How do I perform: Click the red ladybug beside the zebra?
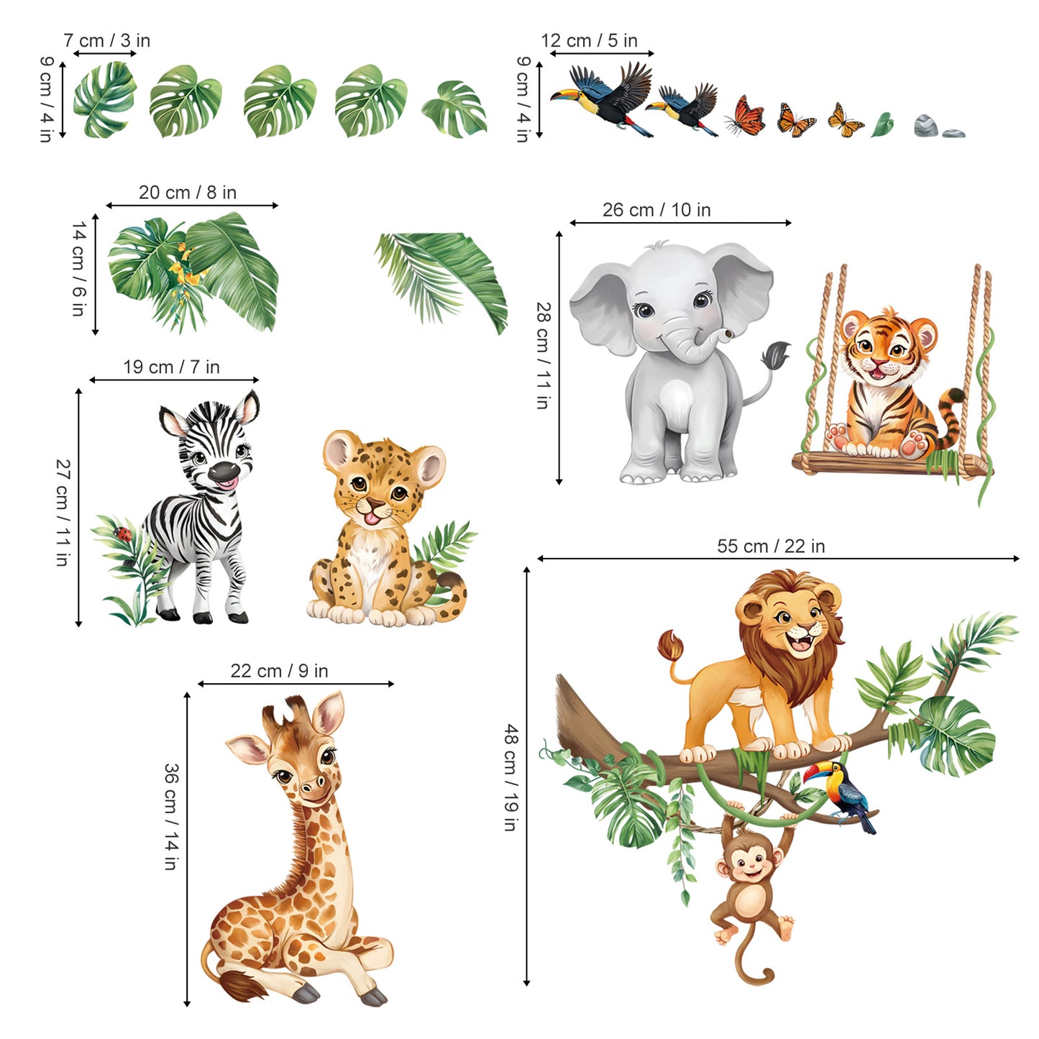pos(124,534)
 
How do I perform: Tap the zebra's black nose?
pos(223,472)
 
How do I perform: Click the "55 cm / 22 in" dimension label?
pos(770,546)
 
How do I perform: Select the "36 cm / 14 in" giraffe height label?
pos(170,817)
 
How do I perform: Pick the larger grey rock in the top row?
pos(926,126)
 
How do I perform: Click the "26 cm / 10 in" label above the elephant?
pos(656,210)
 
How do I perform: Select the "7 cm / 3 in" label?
pos(106,40)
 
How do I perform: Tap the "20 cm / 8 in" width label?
pos(187,193)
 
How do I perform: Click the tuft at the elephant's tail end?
pos(776,354)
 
